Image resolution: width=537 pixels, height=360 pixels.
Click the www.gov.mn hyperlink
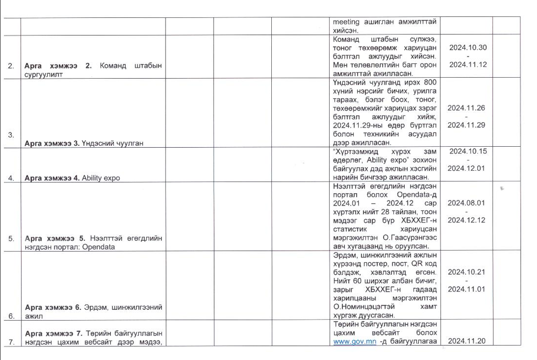pos(355,342)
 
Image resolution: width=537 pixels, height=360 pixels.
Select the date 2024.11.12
pos(468,65)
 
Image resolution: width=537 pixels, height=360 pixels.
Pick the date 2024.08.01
pos(466,202)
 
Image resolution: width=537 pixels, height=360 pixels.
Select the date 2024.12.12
pos(466,220)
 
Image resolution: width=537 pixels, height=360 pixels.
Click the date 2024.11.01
pos(466,289)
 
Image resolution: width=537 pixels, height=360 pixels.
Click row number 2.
pos(11,65)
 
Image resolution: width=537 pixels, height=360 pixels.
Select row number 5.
pos(11,238)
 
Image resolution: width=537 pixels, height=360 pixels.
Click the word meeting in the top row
pos(346,22)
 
